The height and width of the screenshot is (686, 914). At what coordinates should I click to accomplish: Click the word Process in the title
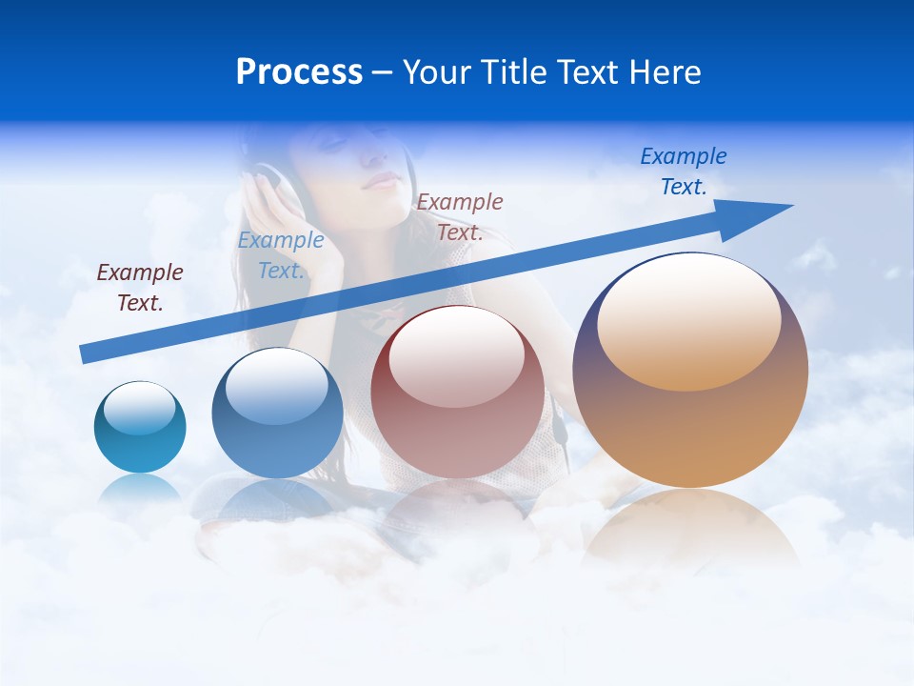[299, 72]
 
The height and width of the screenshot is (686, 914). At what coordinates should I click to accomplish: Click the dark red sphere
[458, 400]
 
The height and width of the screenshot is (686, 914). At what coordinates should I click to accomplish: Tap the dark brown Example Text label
[140, 288]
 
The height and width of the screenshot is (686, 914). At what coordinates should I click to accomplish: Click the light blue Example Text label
[281, 255]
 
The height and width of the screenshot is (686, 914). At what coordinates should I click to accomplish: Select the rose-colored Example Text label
[460, 216]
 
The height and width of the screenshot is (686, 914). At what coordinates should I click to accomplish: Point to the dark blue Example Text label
[684, 171]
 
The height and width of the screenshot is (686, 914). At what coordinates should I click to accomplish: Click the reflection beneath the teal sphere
[140, 490]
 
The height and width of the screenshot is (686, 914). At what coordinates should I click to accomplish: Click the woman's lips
[381, 180]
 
